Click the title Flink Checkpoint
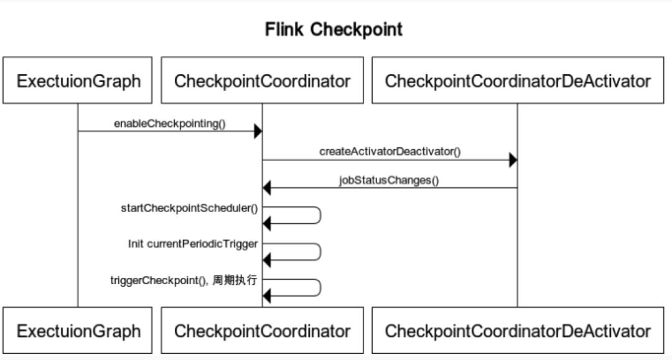[334, 29]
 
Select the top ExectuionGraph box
[78, 81]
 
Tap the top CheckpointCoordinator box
[262, 81]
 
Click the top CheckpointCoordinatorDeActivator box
[518, 81]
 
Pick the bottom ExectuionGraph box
[78, 331]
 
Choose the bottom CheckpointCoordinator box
[262, 331]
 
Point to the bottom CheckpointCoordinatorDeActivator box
[518, 331]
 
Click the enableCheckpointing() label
[170, 123]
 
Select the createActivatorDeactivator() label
[390, 151]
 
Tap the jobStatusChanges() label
[389, 180]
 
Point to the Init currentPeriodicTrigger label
[193, 244]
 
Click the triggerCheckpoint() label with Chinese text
[184, 280]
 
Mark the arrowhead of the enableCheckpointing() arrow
[258, 131]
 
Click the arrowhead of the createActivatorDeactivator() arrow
[513, 160]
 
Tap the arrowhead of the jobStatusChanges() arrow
[267, 188]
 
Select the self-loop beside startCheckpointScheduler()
[319, 215]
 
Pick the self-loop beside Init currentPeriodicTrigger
[319, 252]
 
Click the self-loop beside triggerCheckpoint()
[319, 287]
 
